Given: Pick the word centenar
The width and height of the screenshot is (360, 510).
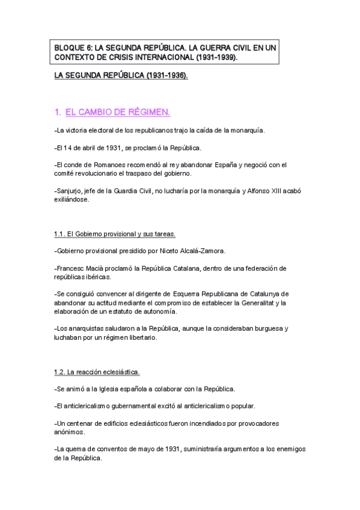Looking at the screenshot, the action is [79, 423].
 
